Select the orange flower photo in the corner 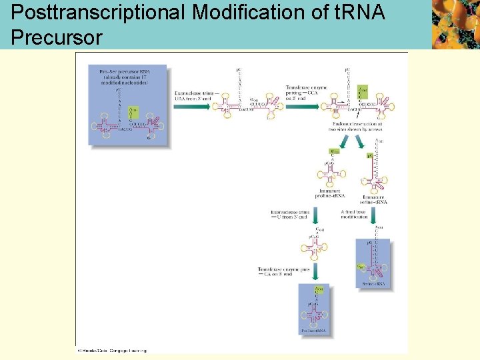tap(455, 25)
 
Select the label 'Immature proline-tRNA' tap(331, 194)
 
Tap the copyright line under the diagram tap(111, 349)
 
